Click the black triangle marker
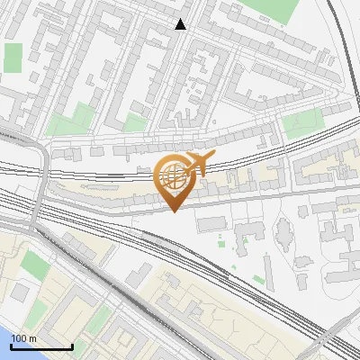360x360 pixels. [181, 24]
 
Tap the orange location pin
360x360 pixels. [174, 181]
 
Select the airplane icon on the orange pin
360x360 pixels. [198, 164]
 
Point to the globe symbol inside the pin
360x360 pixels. [174, 178]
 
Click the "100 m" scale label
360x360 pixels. [25, 338]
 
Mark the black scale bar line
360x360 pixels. [41, 346]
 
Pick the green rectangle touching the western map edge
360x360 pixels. [13, 58]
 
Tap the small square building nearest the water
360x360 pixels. [20, 292]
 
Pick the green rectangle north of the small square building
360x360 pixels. [35, 264]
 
